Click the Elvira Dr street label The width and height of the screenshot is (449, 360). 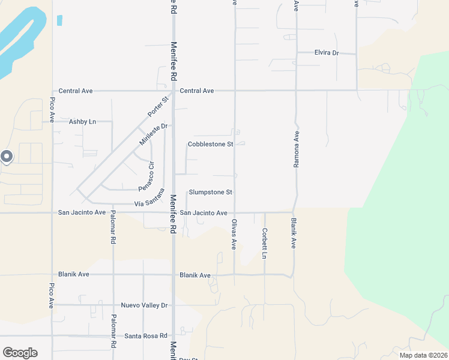327,53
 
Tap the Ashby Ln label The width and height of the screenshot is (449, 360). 82,121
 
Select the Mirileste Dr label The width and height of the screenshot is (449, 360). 152,135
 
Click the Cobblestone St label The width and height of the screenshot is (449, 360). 210,144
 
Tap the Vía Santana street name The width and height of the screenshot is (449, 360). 149,198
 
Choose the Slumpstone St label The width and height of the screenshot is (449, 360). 210,192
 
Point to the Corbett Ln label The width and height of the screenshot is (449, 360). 264,244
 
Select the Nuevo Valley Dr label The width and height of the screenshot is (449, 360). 144,305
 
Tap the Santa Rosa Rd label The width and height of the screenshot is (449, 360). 145,336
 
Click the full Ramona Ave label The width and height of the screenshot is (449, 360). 296,147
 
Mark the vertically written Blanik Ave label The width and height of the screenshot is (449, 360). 294,234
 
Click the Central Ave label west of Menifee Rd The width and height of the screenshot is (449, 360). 75,91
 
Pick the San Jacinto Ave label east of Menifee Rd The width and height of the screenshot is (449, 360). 203,213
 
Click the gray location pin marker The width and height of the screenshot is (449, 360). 7,157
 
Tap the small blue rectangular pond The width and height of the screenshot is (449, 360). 59,20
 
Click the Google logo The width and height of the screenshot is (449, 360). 20,353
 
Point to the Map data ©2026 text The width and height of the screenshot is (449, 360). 423,355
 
